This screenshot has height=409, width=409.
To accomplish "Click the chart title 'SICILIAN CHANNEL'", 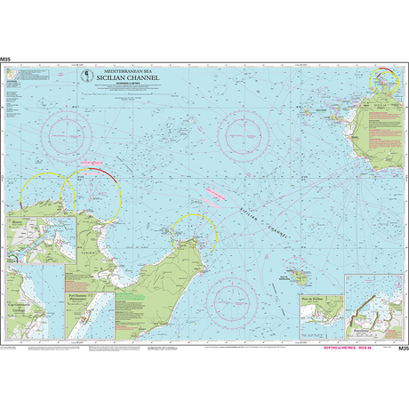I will click(x=130, y=78).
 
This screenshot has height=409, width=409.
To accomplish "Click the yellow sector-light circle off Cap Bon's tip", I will click(x=194, y=233).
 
